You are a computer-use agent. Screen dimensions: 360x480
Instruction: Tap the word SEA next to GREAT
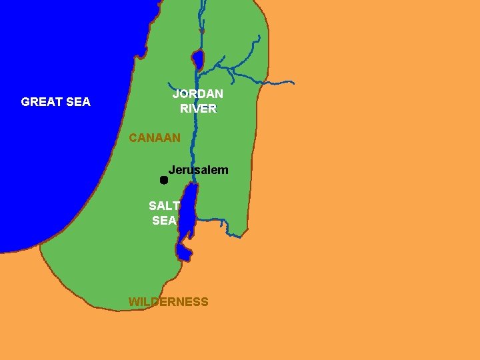coord(78,102)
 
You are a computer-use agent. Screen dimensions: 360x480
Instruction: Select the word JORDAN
coord(197,95)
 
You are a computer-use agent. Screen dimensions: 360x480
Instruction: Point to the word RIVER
coord(198,109)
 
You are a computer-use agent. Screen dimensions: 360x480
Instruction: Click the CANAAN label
coord(155,138)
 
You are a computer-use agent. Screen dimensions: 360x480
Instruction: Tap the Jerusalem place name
coord(198,170)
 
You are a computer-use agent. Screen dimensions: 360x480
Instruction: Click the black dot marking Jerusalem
coord(163,180)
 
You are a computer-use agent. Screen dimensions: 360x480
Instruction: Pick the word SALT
coord(164,206)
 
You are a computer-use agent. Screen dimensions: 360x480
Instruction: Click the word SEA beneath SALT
coord(164,220)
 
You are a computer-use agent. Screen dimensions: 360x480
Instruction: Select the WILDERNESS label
coord(168,302)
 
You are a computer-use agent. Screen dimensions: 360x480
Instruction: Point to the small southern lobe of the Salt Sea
coord(185,253)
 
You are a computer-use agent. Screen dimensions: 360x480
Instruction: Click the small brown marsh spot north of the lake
coord(201,31)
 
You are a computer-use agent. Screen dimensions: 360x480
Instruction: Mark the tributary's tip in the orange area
coord(292,83)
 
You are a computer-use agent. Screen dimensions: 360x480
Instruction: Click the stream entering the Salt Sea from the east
coord(213,220)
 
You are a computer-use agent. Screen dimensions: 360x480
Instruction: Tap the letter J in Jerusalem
coord(171,170)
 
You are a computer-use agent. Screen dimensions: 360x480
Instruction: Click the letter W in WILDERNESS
coord(133,302)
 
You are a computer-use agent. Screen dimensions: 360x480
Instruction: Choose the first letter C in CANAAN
coord(133,138)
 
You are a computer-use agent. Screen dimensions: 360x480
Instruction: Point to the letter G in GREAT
coord(25,102)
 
